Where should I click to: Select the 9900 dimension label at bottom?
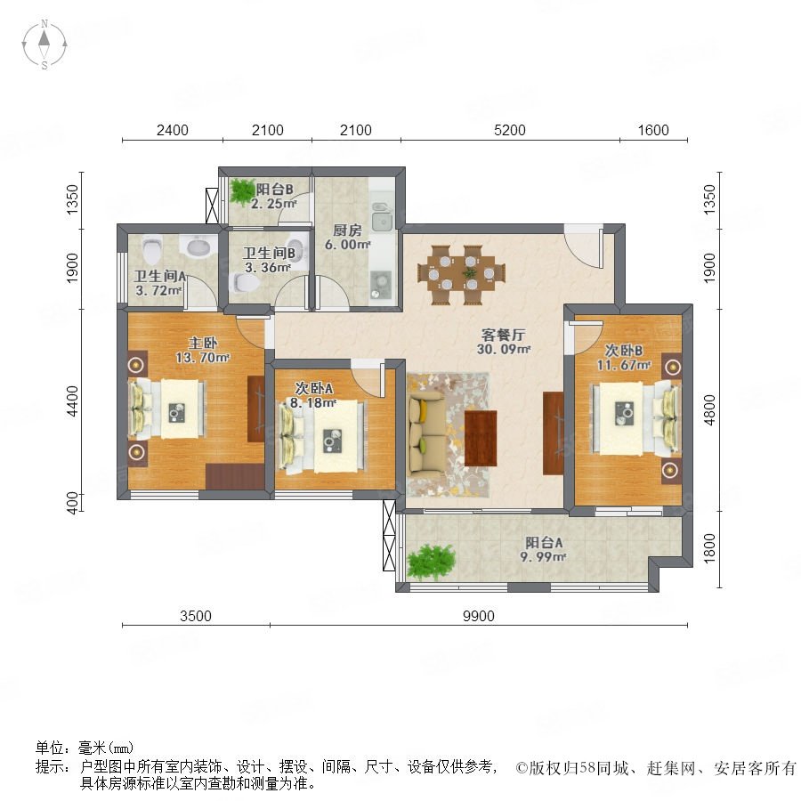point(479,615)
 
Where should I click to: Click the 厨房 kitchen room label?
point(346,229)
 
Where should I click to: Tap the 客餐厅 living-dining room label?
point(505,336)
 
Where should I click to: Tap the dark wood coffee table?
point(481,437)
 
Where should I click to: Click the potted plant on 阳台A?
point(431,562)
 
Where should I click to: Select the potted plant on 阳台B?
point(242,190)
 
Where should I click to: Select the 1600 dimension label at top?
point(652,131)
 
